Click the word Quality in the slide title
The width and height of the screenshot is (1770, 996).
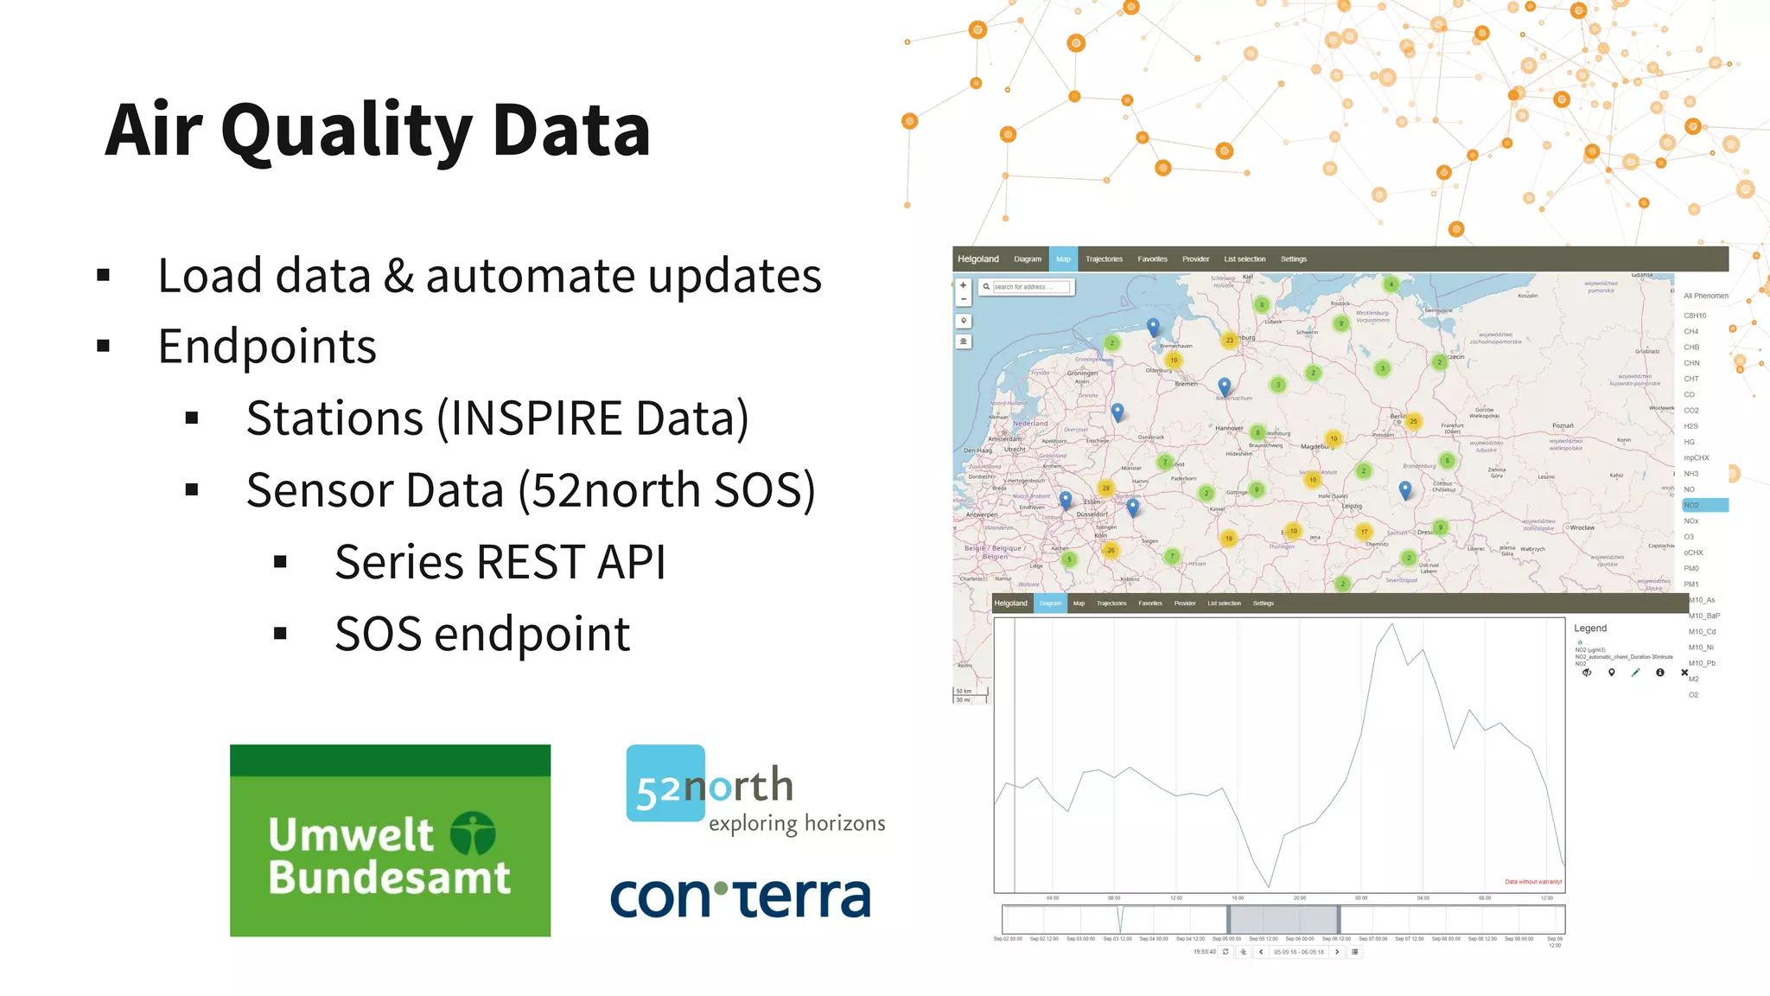coord(346,131)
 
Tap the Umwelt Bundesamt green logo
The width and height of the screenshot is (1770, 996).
coord(390,840)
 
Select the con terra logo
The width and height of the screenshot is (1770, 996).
coord(741,897)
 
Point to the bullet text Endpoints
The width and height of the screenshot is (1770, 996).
coord(267,347)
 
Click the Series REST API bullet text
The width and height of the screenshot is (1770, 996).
coord(500,563)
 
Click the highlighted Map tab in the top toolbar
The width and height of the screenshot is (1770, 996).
coord(1063,259)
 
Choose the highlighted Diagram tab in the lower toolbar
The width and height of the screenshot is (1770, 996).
coord(1050,603)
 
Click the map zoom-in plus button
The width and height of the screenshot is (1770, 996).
coord(964,285)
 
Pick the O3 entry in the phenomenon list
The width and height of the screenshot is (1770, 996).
coord(1689,537)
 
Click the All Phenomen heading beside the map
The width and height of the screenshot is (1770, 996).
coord(1705,296)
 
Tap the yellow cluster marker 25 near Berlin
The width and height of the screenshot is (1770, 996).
coord(1413,422)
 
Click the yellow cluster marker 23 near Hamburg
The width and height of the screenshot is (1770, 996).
coord(1229,340)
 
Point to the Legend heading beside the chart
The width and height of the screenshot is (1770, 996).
coord(1590,629)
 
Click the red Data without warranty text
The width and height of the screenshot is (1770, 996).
coord(1533,882)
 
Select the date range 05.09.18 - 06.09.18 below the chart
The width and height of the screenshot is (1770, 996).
coord(1298,952)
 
